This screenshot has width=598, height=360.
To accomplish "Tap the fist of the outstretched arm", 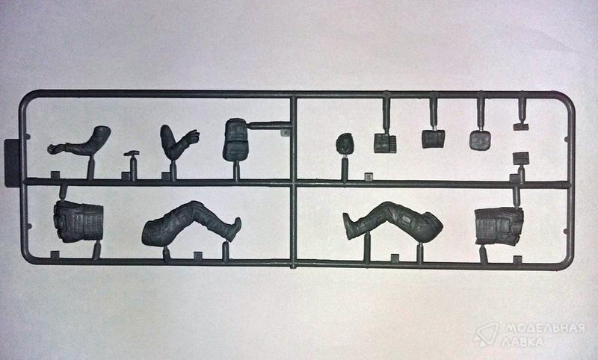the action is [x=53, y=149].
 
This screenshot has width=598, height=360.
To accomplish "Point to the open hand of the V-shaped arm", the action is [x=192, y=137].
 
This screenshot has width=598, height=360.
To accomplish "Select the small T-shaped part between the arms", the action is [x=132, y=154].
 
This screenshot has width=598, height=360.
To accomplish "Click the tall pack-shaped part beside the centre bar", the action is [x=235, y=140].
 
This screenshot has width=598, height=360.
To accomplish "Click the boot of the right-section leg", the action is [x=349, y=226].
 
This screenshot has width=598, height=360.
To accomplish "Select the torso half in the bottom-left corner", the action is [x=78, y=222].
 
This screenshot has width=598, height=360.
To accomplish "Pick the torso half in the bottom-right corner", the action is [x=499, y=226].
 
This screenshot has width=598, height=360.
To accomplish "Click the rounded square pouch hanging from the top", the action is [x=480, y=140].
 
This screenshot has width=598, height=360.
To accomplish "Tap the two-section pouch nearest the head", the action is [x=385, y=143].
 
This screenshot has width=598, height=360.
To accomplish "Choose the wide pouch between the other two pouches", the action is [x=434, y=139].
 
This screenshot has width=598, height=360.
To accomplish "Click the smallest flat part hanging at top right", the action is [x=521, y=127].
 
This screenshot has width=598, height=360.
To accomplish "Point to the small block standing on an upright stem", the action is [x=521, y=158].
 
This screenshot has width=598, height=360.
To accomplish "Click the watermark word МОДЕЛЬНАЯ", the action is [x=546, y=328].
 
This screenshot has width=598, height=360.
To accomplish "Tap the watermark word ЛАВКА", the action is [x=525, y=342].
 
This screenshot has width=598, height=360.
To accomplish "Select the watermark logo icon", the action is [x=487, y=335].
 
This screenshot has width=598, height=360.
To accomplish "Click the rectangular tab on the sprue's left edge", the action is [x=12, y=164].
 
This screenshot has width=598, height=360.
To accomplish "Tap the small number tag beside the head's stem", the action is [x=368, y=176].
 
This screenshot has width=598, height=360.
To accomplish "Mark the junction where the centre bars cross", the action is [x=293, y=183].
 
